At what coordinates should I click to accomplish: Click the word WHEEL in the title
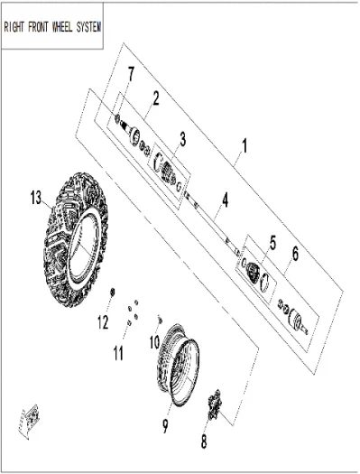(62, 27)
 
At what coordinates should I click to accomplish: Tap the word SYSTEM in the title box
(88, 27)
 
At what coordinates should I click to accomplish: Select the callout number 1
(245, 145)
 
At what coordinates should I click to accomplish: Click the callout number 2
(156, 98)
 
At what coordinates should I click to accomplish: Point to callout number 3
(183, 139)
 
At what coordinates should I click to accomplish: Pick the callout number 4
(225, 200)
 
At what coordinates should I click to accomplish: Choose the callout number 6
(295, 254)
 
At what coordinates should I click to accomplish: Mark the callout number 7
(131, 74)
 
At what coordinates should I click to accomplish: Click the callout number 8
(204, 441)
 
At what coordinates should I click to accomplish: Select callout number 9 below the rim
(165, 426)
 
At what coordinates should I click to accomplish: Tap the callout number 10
(154, 342)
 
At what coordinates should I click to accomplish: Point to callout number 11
(118, 353)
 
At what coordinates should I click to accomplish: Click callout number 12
(103, 322)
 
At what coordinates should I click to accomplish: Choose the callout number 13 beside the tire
(36, 199)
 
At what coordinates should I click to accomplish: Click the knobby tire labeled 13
(76, 240)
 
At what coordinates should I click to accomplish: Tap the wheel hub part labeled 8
(215, 405)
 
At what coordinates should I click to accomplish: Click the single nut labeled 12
(112, 291)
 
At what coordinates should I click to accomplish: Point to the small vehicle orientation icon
(29, 421)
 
